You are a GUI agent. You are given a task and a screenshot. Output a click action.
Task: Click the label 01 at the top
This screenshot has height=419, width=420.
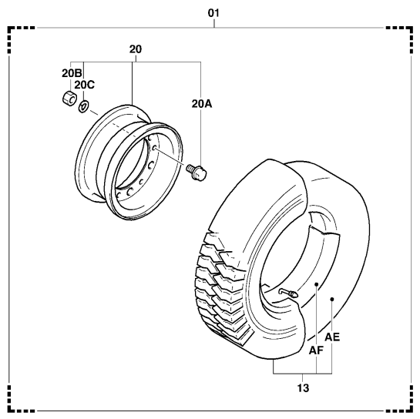pos(213,13)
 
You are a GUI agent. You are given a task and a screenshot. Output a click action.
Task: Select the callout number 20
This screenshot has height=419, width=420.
pos(136,49)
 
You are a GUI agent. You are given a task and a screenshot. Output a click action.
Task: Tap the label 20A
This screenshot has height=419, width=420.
pos(202,104)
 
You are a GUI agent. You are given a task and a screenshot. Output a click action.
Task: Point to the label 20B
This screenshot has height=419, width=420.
pos(72,73)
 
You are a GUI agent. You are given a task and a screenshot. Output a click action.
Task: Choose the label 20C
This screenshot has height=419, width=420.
pos(84,85)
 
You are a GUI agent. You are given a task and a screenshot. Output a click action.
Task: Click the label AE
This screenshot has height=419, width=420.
pos(332,337)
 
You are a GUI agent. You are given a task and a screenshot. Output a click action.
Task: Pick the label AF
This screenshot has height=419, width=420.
pos(316,350)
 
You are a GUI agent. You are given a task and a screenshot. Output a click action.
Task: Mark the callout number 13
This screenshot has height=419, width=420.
pos(303,388)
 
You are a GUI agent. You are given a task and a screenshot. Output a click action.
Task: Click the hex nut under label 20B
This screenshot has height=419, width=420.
pos(69,99)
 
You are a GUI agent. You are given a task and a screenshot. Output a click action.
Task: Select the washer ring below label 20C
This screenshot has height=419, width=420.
pos(83,106)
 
